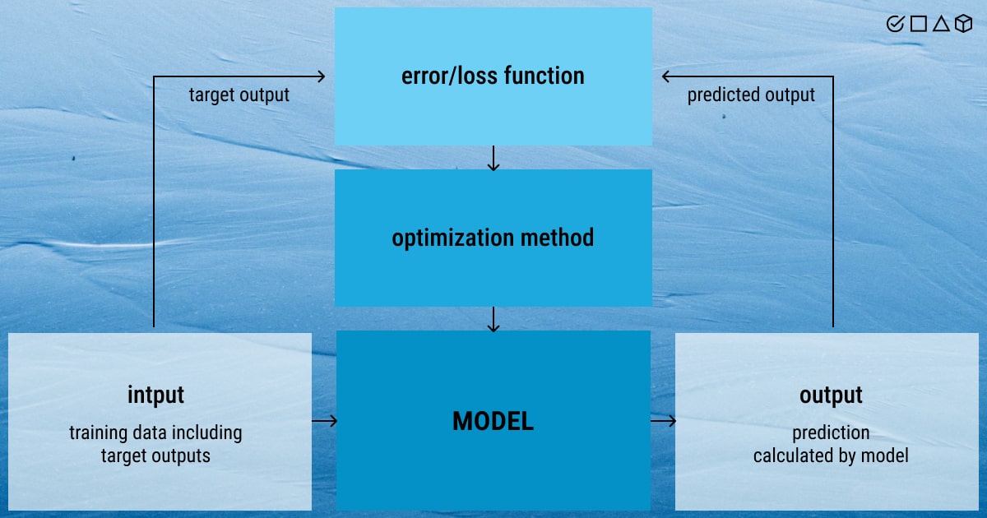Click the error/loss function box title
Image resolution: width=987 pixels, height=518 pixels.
pos(493,76)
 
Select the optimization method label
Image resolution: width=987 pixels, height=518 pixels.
pos(493,238)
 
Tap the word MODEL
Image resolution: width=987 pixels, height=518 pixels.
pos(493,422)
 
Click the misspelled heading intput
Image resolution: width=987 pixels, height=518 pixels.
pos(155,395)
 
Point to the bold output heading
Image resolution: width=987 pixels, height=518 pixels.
pos(831,395)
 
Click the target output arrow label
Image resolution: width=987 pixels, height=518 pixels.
pos(239,95)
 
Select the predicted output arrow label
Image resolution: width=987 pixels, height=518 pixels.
pos(751,95)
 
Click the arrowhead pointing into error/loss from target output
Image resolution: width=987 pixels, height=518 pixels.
pos(321,76)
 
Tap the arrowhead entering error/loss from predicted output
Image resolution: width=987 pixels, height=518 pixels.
pos(666,76)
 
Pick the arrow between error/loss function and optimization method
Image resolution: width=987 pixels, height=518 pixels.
pos(493,158)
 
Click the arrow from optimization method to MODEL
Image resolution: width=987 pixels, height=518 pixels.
pos(493,319)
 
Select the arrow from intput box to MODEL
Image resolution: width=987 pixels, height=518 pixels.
pos(325,421)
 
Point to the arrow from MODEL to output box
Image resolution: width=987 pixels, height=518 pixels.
pos(664,421)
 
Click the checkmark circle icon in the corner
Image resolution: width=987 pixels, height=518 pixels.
pos(895,25)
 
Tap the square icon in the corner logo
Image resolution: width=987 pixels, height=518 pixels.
pos(918,25)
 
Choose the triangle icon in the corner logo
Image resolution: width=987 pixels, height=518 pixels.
pos(940,25)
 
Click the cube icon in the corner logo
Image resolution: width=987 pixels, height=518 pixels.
pos(963,25)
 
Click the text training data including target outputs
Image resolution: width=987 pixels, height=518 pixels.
pos(155,444)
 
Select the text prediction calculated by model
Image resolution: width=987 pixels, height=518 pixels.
pos(831,444)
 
